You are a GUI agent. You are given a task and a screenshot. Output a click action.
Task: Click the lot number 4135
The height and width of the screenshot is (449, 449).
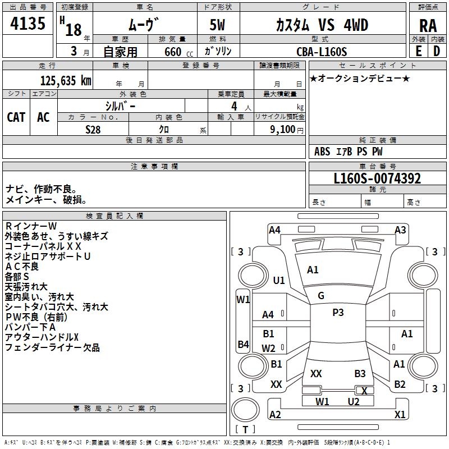(28, 25)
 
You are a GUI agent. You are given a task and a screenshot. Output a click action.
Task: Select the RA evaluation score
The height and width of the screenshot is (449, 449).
(428, 26)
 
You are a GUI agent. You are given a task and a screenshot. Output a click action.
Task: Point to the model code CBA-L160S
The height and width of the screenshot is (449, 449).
(322, 52)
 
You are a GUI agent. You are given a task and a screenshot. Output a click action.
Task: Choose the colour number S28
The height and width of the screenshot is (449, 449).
(93, 129)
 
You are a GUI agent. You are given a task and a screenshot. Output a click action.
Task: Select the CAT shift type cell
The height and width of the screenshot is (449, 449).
(16, 117)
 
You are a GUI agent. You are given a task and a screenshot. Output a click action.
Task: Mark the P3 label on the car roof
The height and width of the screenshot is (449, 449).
(338, 313)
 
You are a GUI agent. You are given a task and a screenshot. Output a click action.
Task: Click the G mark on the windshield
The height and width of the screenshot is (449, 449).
(321, 296)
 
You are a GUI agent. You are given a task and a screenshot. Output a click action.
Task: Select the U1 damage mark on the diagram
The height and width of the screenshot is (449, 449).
(279, 280)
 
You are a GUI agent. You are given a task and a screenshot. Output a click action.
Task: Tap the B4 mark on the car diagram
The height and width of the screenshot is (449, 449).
(243, 344)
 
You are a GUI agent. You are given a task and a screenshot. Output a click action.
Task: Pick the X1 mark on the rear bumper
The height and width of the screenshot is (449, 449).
(400, 415)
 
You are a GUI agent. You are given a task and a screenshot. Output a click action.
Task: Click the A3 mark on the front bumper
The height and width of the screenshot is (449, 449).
(400, 230)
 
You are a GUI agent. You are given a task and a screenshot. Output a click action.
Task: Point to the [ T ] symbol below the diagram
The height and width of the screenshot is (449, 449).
(245, 430)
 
